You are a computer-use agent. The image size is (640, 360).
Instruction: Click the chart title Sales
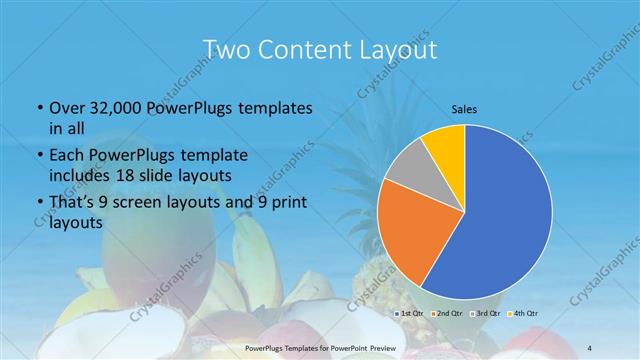pos(463,108)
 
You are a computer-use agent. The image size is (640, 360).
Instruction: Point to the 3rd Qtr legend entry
pos(486,315)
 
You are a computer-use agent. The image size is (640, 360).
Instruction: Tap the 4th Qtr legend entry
pos(523,315)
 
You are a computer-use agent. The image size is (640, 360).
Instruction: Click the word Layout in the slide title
pos(397,49)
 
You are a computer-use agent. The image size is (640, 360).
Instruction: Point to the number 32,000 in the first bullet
pos(113,108)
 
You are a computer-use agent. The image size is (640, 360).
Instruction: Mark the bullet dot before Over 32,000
pos(38,108)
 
